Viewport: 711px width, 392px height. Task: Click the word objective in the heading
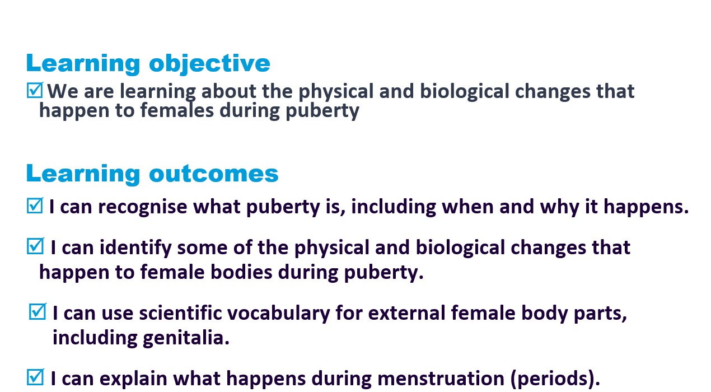(209, 64)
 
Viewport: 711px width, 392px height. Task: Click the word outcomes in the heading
(214, 174)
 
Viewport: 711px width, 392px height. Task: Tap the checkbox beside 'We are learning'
(35, 90)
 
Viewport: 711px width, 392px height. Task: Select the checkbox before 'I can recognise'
(35, 206)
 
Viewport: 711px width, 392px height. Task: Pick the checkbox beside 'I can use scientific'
(38, 311)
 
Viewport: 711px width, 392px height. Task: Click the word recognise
(143, 208)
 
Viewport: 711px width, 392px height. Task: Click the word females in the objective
(177, 110)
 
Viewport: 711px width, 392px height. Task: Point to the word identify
(135, 248)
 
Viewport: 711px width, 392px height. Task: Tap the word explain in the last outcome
(133, 379)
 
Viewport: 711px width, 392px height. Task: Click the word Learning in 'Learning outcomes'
(83, 175)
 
